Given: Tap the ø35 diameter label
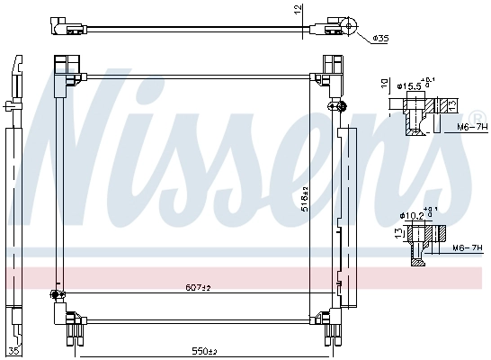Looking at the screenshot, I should point(380,39).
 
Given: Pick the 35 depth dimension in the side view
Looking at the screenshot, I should point(13,350).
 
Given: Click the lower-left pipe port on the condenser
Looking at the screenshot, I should point(56,294).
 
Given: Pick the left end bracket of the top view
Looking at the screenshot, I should point(64,26).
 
